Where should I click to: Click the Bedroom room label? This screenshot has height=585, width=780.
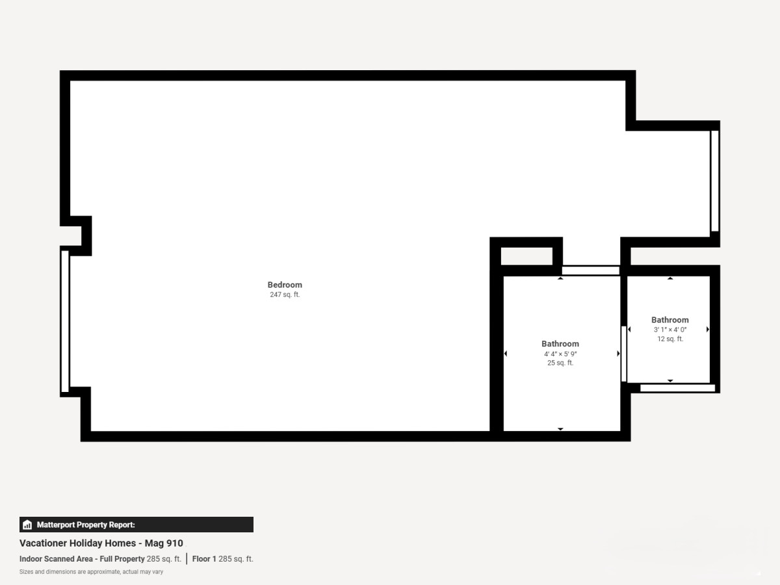285,285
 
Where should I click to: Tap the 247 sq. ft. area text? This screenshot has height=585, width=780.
285,294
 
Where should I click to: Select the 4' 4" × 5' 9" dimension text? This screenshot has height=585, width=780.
560,354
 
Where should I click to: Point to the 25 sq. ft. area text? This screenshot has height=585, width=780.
560,363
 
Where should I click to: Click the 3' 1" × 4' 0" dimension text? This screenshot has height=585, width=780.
670,330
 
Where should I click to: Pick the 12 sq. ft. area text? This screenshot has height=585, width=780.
670,339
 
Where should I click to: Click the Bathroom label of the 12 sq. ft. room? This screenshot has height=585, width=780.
670,320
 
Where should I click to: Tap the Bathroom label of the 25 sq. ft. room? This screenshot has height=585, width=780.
560,344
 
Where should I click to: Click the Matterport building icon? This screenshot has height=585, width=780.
27,525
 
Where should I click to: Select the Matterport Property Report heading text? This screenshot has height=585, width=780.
86,525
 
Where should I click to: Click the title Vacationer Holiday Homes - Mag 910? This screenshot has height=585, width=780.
101,543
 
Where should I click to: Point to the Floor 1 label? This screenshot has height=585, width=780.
204,559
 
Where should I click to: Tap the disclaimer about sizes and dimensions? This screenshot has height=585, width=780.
92,572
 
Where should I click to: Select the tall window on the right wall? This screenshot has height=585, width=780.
714,181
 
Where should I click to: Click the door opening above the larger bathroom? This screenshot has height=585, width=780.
591,270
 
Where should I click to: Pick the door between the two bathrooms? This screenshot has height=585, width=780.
623,354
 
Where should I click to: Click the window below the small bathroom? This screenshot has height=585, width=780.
678,388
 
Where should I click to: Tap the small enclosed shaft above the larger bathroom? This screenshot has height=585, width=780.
526,256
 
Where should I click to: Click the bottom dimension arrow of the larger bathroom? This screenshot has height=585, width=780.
560,429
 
